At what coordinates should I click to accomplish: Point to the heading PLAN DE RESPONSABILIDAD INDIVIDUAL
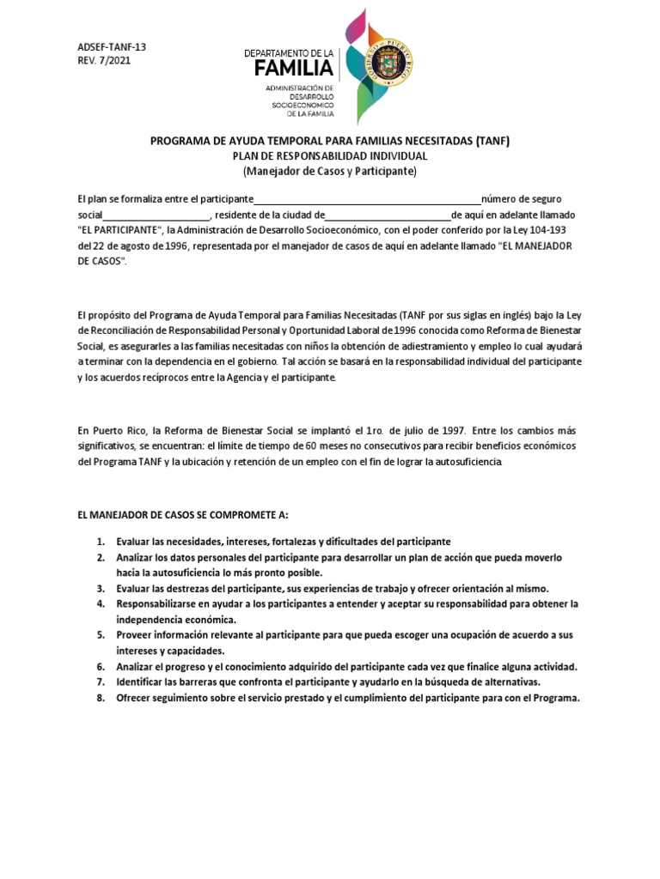click(329, 156)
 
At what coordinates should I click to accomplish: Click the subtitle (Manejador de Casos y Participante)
click(329, 171)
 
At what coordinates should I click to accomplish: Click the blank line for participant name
click(367, 200)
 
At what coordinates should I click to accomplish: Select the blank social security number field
click(156, 215)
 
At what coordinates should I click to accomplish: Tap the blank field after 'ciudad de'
click(388, 215)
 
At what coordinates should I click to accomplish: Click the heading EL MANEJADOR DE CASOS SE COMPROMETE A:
click(183, 516)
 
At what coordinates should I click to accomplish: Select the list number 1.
click(100, 542)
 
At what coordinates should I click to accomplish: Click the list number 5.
click(100, 634)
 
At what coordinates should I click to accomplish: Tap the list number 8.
click(100, 698)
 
